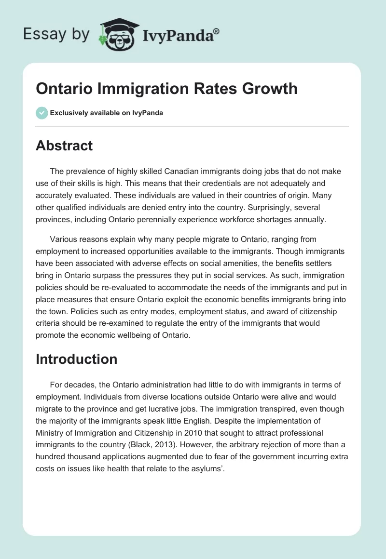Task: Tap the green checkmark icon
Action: click(41, 113)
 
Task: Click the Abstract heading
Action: click(64, 146)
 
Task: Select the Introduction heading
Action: click(76, 359)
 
